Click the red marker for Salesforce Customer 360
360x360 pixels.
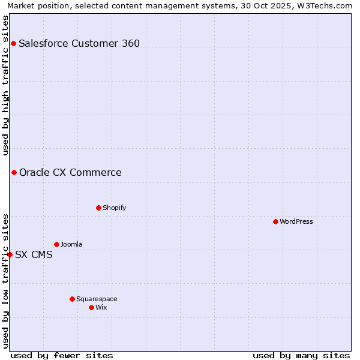[13, 43]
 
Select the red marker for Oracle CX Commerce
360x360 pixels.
[14, 173]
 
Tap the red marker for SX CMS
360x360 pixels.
[10, 254]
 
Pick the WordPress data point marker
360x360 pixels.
[275, 221]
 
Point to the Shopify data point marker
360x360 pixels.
[98, 208]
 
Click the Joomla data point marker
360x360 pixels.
[56, 244]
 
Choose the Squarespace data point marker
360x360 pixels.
[72, 299]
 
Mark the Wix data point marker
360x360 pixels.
[91, 307]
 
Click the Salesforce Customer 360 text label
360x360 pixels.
[79, 43]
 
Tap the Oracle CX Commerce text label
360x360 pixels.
[70, 173]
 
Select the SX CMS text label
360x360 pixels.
[34, 254]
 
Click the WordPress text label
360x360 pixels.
[296, 221]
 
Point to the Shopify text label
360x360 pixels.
[114, 208]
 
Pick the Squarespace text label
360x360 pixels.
[97, 299]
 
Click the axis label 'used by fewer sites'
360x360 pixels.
[62, 355]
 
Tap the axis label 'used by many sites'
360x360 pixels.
[301, 355]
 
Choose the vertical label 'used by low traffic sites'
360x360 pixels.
[5, 281]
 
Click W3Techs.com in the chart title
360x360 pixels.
[327, 5]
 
